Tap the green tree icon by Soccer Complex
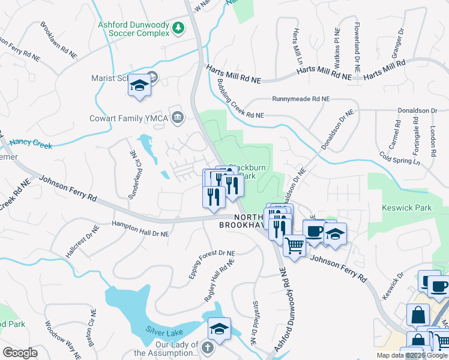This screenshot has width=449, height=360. click(x=178, y=28)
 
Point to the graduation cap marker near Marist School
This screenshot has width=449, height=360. click(x=139, y=85)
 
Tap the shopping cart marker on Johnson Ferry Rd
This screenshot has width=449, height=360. click(x=294, y=245)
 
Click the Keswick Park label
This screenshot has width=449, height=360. click(x=406, y=208)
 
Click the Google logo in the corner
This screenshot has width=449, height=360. click(x=20, y=353)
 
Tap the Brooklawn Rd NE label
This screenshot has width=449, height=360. click(x=58, y=40)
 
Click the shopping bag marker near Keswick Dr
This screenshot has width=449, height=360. click(x=418, y=314)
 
